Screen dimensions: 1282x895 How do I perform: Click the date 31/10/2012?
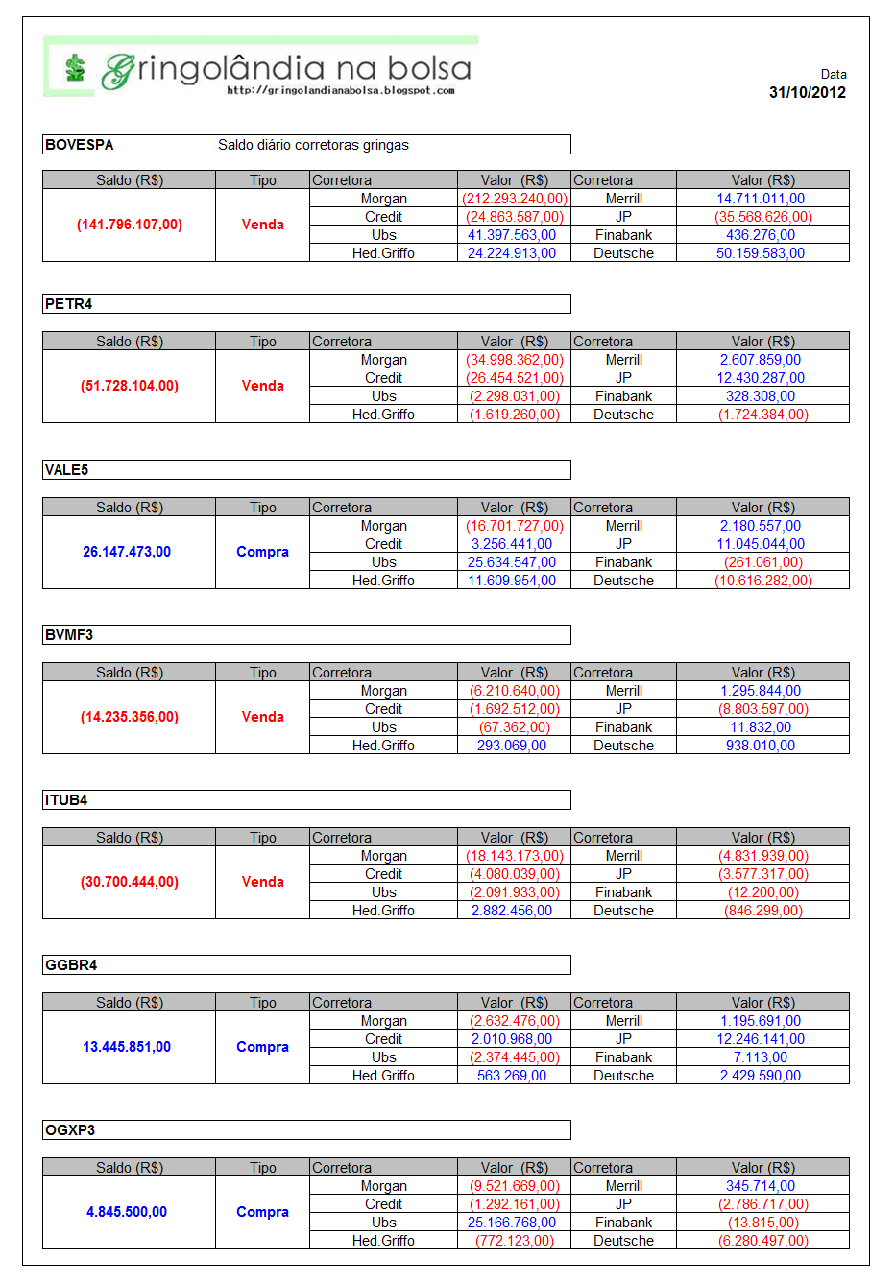pos(807,92)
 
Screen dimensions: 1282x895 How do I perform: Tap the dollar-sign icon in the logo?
pos(75,68)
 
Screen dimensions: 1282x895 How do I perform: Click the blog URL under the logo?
pos(340,90)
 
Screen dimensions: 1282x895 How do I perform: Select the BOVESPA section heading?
pos(80,145)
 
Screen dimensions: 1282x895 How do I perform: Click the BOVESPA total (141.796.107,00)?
pos(130,225)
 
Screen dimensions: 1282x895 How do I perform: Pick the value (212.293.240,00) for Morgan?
pos(514,199)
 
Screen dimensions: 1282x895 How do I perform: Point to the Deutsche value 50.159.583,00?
pos(761,253)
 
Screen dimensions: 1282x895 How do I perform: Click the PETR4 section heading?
pos(69,304)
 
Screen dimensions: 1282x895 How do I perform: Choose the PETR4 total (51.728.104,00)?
pos(130,386)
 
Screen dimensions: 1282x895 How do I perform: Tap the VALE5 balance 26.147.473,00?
pos(127,552)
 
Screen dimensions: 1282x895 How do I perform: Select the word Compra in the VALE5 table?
pos(262,552)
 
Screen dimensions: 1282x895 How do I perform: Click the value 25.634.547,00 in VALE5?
pos(512,562)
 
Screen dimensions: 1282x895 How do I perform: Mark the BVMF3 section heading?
pos(69,635)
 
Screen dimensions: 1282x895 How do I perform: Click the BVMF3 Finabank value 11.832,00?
pos(761,727)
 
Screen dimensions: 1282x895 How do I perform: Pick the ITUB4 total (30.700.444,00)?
pos(130,882)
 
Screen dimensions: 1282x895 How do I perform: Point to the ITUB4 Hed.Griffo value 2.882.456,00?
pos(512,911)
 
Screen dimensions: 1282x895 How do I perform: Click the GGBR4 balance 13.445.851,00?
pos(127,1047)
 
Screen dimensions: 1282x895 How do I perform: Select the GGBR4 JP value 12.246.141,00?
pos(761,1039)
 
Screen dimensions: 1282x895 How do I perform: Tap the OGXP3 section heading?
pos(70,1130)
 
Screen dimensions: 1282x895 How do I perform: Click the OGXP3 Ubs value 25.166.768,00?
pos(512,1223)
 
